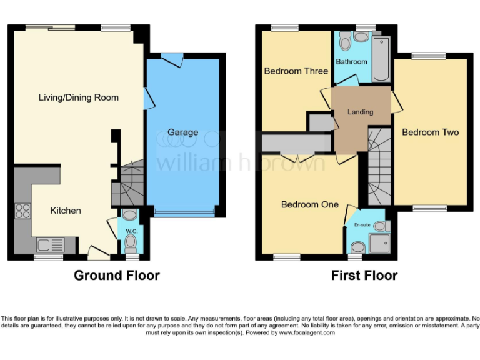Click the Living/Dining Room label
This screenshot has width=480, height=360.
coord(78,97)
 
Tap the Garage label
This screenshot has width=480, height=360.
coord(182,132)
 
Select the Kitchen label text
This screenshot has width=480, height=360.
coord(66,211)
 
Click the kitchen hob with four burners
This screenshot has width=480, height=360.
coord(22,211)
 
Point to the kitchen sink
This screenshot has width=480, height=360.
coord(47,244)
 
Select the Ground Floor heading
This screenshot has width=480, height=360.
coord(117,276)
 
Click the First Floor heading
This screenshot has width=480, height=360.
coord(364,276)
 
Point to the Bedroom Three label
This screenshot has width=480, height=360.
coord(296,71)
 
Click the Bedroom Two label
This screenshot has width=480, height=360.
coord(430,132)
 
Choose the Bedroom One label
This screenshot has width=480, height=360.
coord(309,204)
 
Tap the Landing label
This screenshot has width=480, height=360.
coord(361,112)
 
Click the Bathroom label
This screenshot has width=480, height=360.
coord(351,62)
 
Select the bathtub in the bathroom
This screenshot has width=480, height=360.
coord(381,60)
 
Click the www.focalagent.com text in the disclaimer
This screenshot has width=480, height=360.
coord(306,333)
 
